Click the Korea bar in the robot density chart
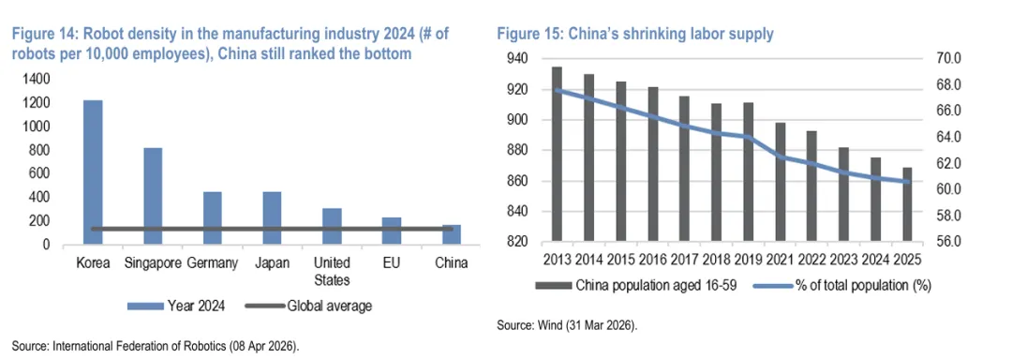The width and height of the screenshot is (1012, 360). tap(92, 172)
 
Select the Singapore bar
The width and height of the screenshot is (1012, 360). tap(153, 196)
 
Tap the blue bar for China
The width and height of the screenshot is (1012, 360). tap(451, 234)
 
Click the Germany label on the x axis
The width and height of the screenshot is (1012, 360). tap(213, 263)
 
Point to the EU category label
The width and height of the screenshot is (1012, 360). tap(392, 263)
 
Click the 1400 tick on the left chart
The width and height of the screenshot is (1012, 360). tap(37, 80)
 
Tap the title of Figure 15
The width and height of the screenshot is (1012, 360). tap(634, 35)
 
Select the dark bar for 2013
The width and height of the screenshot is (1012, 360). tap(557, 154)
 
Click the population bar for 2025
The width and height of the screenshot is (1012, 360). tap(907, 204)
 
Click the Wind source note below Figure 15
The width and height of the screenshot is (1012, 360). tap(567, 326)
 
